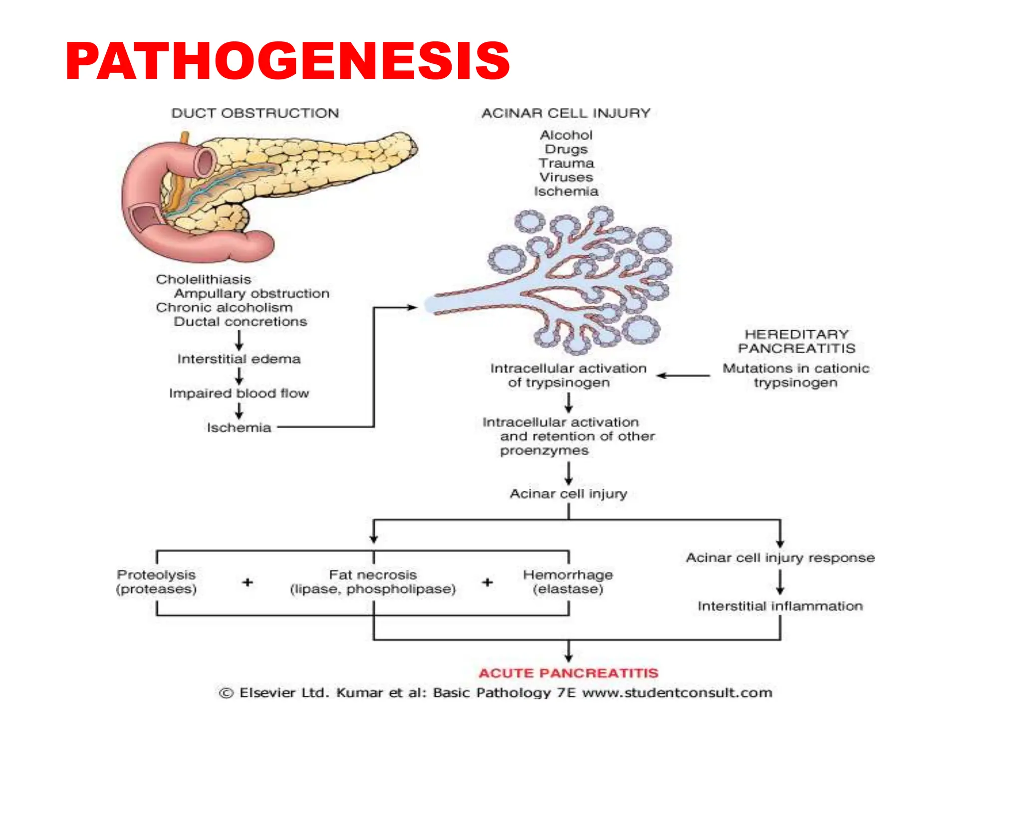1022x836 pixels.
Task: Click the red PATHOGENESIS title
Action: [x=287, y=61]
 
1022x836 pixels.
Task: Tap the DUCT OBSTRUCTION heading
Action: [x=255, y=113]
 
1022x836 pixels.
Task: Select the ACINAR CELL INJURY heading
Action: [x=566, y=113]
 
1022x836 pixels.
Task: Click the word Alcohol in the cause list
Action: [x=566, y=135]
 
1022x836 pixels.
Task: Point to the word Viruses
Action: [x=566, y=177]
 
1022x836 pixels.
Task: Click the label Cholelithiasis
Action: [x=203, y=279]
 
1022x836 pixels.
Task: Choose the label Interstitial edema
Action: [x=239, y=359]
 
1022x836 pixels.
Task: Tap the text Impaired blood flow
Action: [x=239, y=394]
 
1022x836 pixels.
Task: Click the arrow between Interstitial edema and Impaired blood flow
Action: [x=239, y=376]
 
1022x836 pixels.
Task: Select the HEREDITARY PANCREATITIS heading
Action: [x=796, y=341]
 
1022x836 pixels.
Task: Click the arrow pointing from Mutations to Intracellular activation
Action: [x=683, y=376]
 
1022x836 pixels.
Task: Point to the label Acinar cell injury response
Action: [x=780, y=558]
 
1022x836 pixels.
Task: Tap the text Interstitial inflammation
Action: [x=780, y=606]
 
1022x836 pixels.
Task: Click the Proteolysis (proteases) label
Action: [x=156, y=582]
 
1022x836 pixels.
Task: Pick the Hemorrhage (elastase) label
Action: [x=568, y=582]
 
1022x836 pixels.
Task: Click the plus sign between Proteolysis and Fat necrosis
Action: [x=248, y=582]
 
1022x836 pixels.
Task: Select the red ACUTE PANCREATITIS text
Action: [x=568, y=673]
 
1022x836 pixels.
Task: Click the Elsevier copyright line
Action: [x=495, y=693]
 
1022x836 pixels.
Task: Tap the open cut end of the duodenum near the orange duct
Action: [x=204, y=162]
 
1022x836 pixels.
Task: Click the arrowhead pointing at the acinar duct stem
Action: [x=412, y=307]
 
